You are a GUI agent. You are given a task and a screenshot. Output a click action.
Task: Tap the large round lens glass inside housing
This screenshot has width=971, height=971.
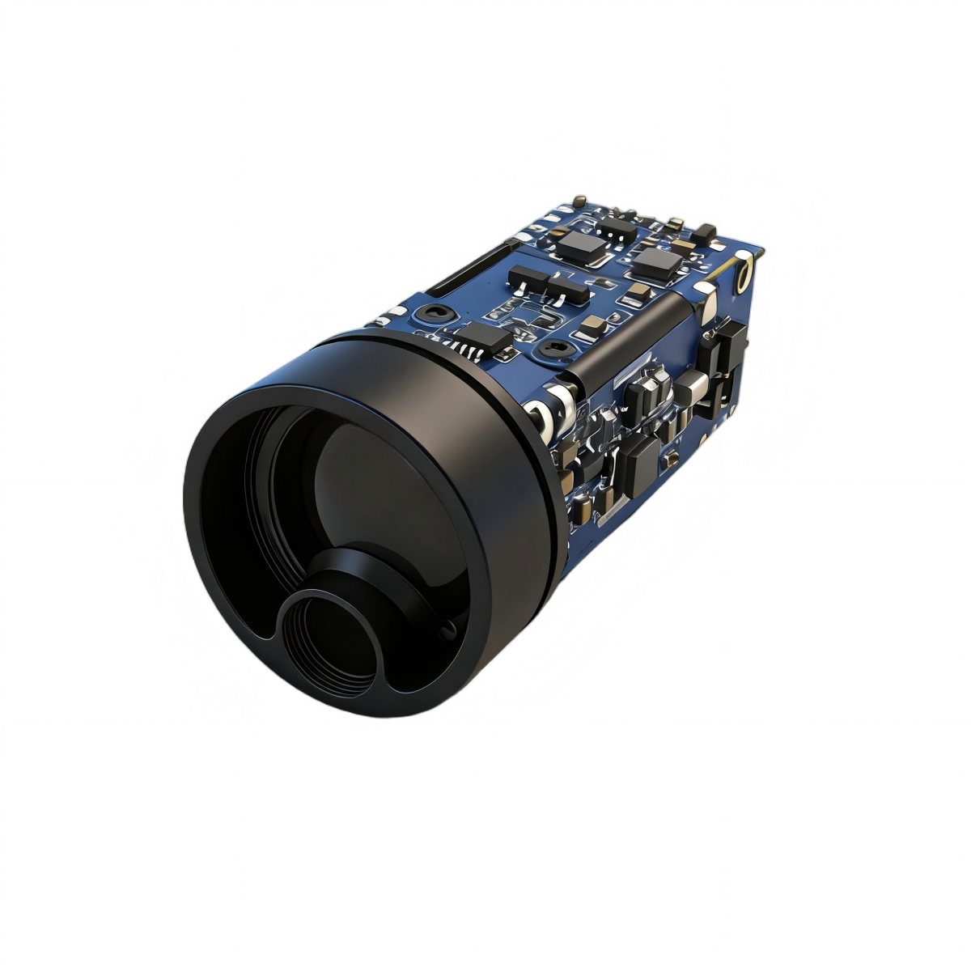pos(380,494)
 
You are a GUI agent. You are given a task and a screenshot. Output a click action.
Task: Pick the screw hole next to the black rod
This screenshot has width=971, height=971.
pos(554,348)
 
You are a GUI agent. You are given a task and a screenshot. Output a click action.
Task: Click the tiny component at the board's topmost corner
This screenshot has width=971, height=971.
pos(579,199)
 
